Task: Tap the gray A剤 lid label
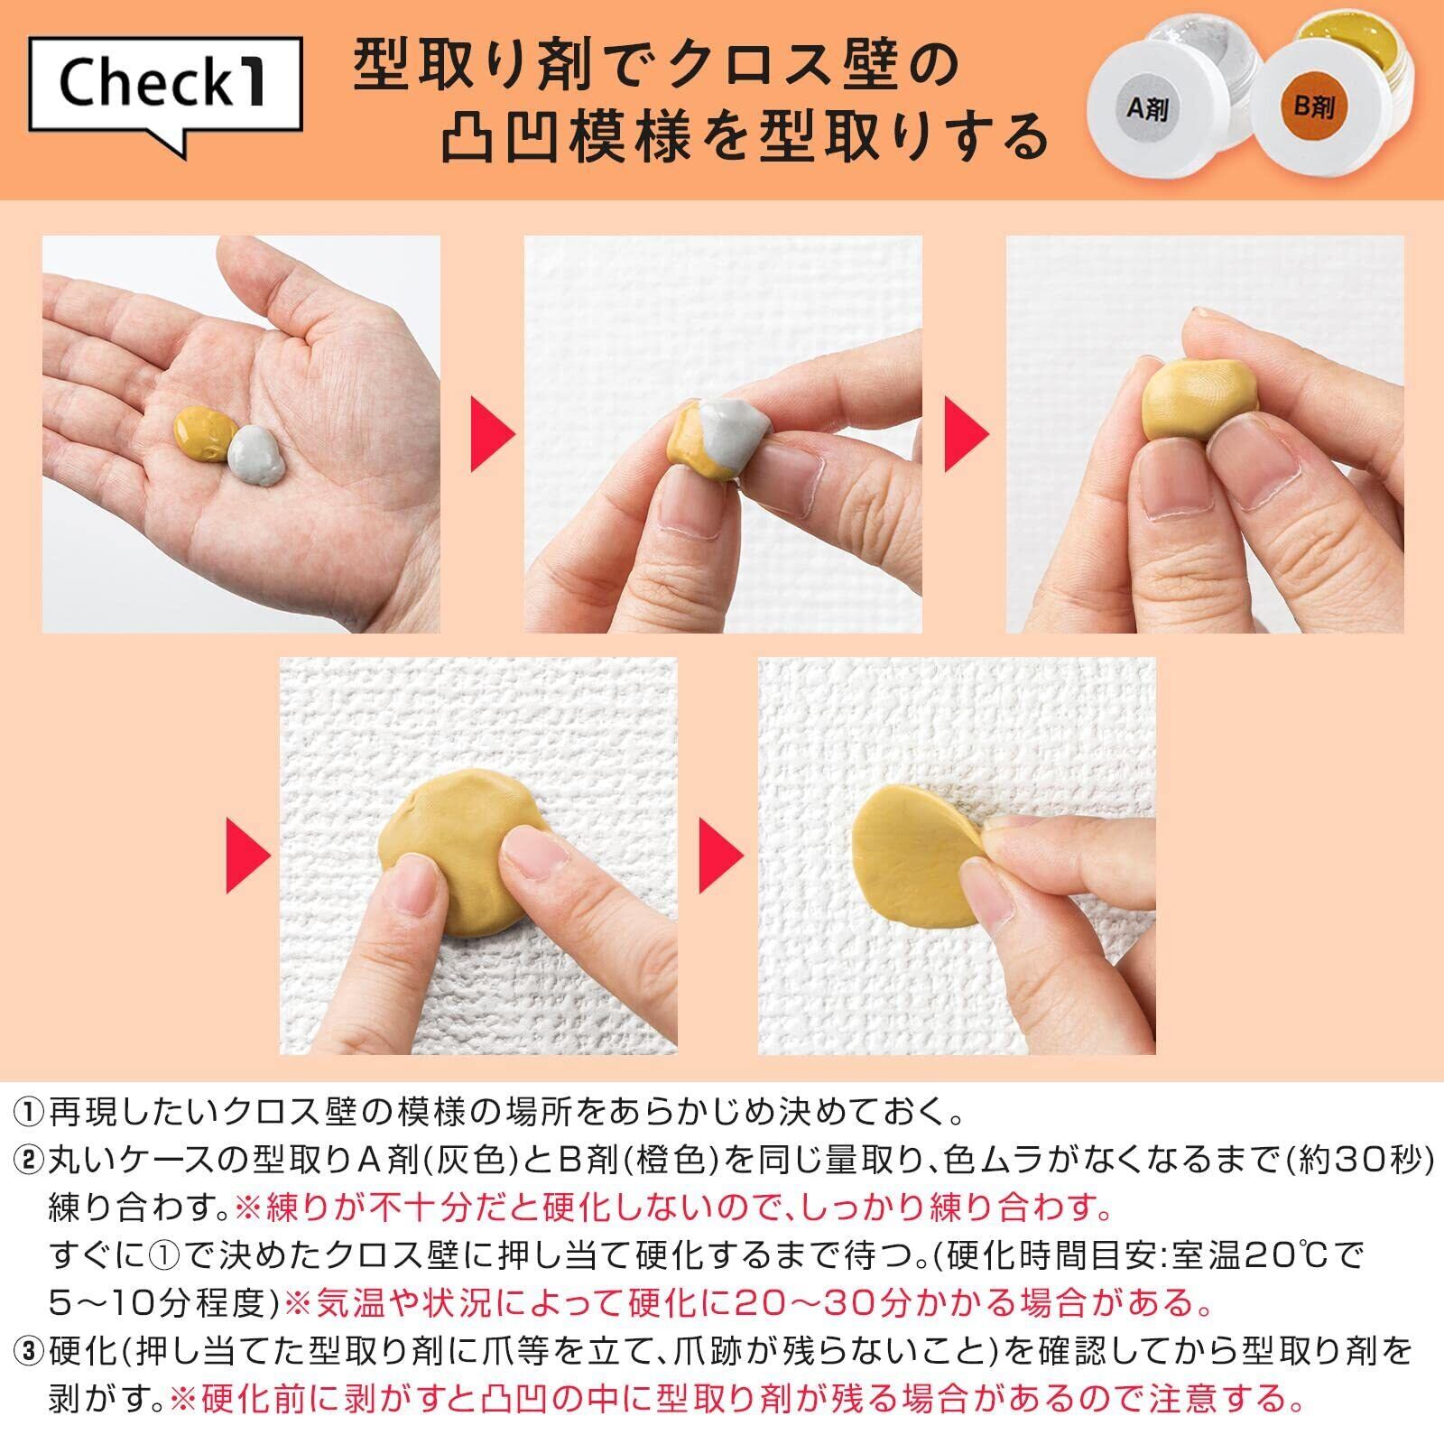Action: [x=1148, y=109]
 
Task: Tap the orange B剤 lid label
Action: [x=1313, y=107]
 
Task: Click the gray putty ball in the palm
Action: [x=256, y=457]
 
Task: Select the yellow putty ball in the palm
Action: [x=204, y=436]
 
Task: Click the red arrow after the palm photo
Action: [x=493, y=434]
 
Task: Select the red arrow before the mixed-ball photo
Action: [x=967, y=434]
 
